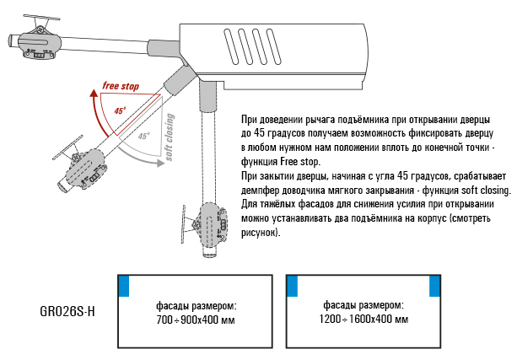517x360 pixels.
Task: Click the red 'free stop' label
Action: pyautogui.click(x=121, y=86)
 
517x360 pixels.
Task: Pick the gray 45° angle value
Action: pyautogui.click(x=143, y=136)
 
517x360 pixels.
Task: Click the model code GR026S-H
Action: pyautogui.click(x=67, y=311)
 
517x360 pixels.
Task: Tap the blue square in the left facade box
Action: pyautogui.click(x=122, y=286)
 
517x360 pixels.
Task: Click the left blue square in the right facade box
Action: pyautogui.click(x=292, y=286)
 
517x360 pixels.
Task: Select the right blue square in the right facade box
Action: pyautogui.click(x=436, y=286)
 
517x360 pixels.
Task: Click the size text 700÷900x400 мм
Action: pyautogui.click(x=195, y=320)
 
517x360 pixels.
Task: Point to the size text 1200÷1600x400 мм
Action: pyautogui.click(x=364, y=320)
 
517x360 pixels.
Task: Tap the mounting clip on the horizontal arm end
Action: pyautogui.click(x=39, y=39)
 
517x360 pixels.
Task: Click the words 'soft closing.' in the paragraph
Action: pyautogui.click(x=484, y=191)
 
